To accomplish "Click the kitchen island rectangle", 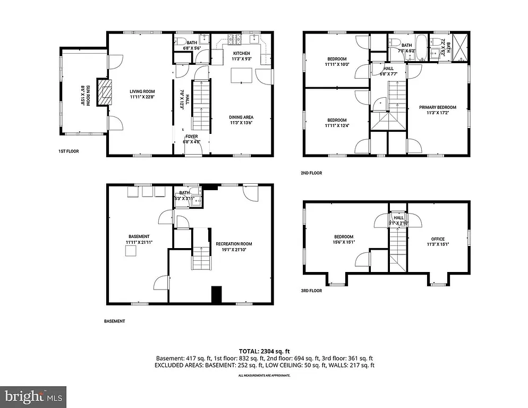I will tap(241, 76).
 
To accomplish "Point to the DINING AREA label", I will tap(241, 117).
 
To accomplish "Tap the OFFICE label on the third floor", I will tap(438, 239).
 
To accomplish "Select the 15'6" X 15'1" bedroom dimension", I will tap(344, 243).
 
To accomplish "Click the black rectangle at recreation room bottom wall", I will tap(216, 295).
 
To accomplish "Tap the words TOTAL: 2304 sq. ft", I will tap(264, 351).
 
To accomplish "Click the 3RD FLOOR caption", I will tap(312, 291).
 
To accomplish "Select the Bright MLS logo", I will tap(33, 396).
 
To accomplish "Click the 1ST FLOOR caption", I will tap(69, 151).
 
